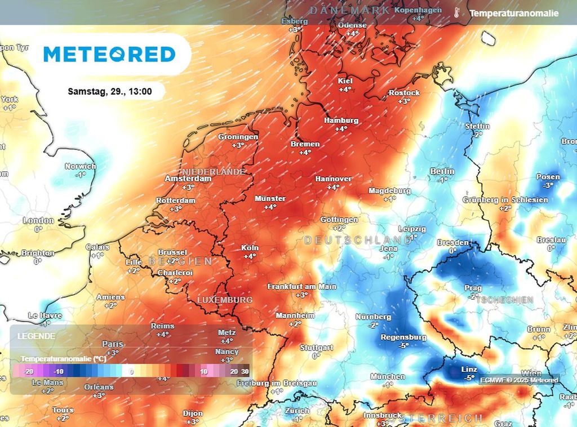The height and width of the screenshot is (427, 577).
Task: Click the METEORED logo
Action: coord(109,54)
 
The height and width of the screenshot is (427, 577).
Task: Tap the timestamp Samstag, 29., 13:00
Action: coord(109,91)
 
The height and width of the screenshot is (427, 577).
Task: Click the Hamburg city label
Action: coord(341,121)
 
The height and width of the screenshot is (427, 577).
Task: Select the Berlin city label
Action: coord(442,171)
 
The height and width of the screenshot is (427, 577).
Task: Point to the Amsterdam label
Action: coord(188,179)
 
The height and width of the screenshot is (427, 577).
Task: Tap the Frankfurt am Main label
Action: coord(301,286)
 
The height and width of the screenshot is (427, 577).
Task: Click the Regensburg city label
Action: coord(403,337)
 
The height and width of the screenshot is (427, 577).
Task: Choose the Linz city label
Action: coord(454,369)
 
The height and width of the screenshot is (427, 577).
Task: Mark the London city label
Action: coord(38,221)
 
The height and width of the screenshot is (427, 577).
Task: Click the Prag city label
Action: coord(473,288)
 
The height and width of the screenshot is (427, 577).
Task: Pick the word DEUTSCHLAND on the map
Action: coord(357,241)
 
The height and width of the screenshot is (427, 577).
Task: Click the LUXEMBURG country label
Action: coord(225,300)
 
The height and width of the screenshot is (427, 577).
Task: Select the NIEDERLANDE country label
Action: coord(214,171)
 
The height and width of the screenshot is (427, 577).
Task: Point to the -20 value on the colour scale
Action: coord(30,372)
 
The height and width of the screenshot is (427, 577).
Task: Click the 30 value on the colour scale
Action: coord(245,372)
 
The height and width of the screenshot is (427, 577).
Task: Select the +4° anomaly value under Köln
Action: coord(249,256)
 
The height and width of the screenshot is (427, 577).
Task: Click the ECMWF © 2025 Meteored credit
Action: coord(519,380)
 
